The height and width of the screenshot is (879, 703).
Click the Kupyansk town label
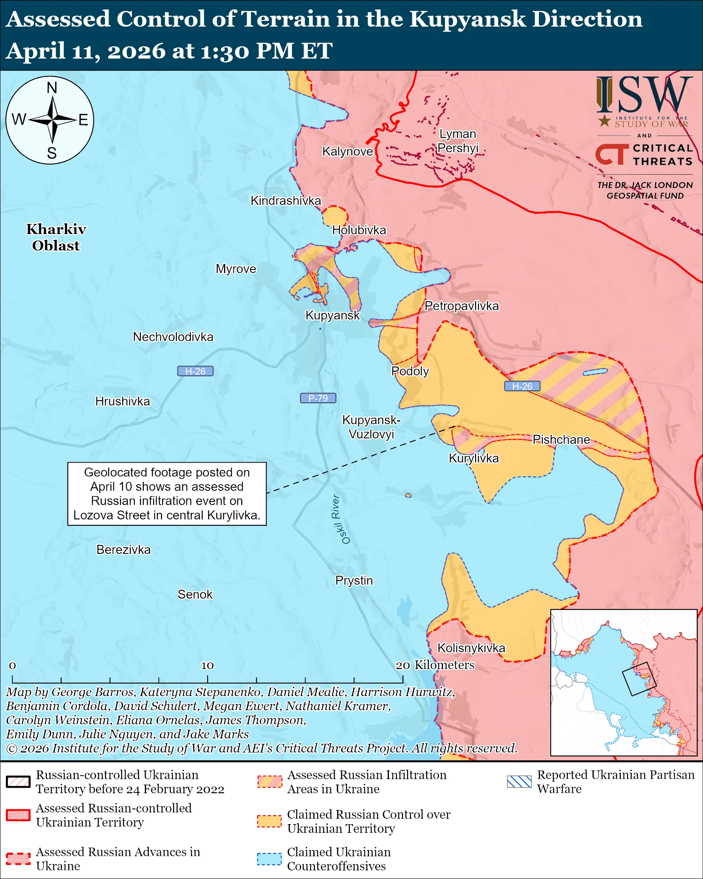[x=333, y=315]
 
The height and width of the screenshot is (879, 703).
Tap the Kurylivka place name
[x=473, y=458]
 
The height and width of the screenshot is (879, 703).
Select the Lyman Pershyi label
[x=458, y=141]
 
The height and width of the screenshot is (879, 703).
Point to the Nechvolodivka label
[x=173, y=337]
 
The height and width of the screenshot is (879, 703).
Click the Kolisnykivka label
[x=471, y=648]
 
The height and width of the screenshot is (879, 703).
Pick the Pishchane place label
[x=561, y=439]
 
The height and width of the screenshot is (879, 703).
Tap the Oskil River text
[x=340, y=519]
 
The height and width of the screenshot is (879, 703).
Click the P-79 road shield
[x=318, y=398]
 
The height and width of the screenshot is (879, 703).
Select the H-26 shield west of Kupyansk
[x=195, y=371]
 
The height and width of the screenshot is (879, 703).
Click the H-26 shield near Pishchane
[x=522, y=386]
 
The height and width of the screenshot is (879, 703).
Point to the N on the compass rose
[x=52, y=88]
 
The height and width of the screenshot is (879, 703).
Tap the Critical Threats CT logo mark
[x=612, y=154]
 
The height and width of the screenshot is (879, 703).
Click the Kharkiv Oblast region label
[x=56, y=237]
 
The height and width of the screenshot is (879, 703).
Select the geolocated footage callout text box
[x=167, y=494]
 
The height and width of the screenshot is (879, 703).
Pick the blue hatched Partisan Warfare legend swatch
[x=519, y=781]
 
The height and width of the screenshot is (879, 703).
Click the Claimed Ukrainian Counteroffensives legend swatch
[x=269, y=858]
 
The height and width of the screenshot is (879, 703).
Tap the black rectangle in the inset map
[x=639, y=679]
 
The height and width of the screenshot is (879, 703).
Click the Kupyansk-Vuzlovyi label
[x=371, y=427]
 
